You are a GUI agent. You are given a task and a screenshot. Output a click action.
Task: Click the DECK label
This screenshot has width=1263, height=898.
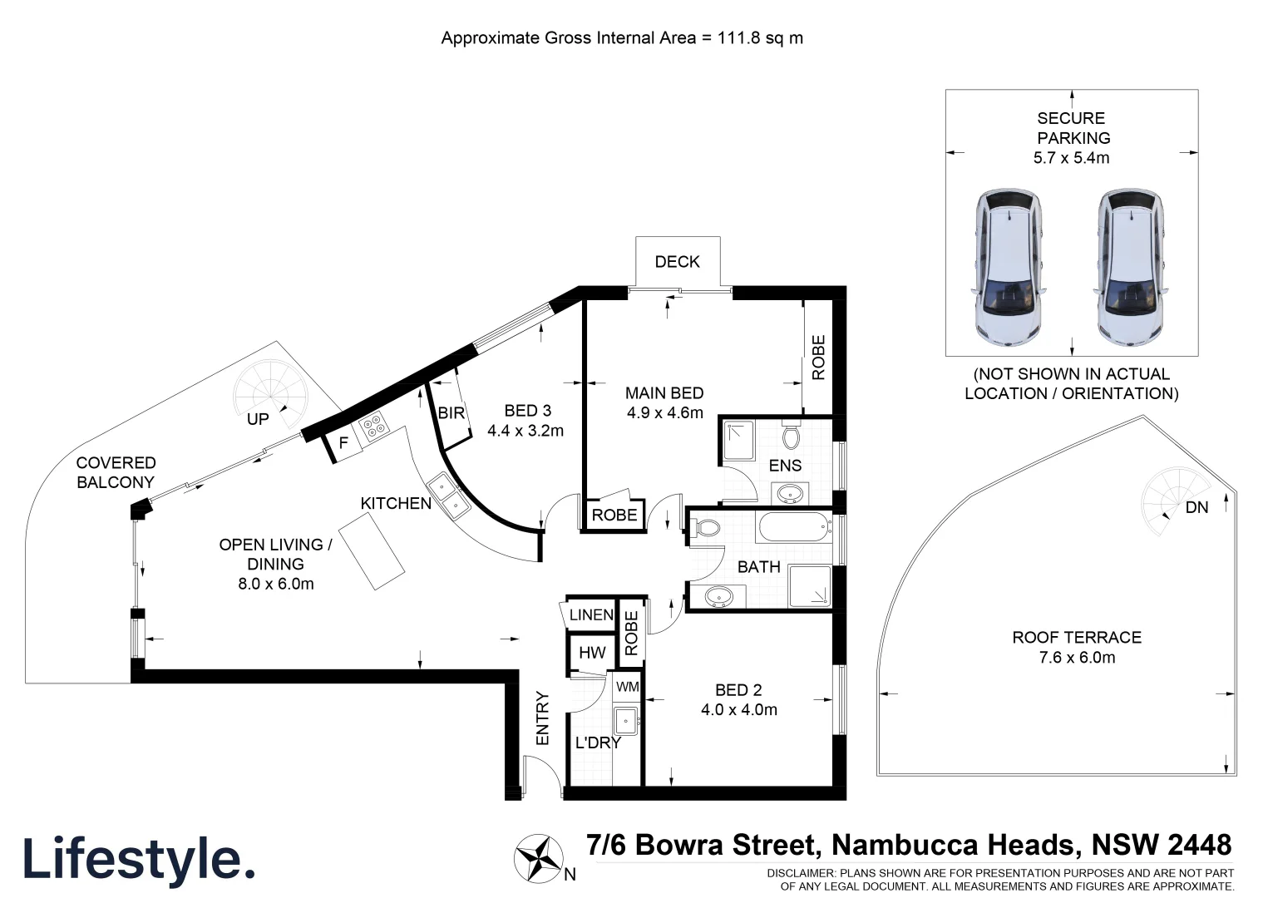click(677, 262)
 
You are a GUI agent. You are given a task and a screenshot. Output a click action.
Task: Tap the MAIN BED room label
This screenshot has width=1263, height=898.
click(664, 393)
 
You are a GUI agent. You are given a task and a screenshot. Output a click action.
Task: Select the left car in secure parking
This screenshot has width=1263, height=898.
click(1008, 268)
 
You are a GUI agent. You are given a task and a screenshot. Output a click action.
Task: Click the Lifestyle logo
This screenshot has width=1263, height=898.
click(138, 859)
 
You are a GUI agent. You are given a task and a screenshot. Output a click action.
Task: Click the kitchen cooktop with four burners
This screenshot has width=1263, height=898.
click(375, 427)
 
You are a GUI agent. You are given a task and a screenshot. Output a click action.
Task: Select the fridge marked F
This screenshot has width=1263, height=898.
click(343, 444)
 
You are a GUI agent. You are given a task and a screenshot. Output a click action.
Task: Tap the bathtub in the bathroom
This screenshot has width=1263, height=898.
click(793, 527)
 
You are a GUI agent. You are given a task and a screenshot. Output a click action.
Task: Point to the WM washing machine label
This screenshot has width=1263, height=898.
click(628, 687)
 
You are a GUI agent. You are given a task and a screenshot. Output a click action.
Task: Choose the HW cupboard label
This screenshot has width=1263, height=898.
click(592, 653)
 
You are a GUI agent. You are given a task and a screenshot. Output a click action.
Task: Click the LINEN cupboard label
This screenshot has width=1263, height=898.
click(591, 615)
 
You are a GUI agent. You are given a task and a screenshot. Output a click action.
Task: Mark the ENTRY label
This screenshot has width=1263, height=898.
click(543, 718)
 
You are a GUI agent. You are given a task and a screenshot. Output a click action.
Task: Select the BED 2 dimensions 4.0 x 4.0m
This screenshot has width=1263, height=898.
click(738, 710)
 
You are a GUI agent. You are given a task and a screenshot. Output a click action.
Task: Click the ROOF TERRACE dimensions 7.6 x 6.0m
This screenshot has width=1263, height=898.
click(1076, 658)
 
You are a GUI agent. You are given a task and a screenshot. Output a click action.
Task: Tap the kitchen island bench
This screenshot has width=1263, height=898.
click(372, 550)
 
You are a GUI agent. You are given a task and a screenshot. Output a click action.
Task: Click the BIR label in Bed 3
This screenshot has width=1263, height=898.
click(451, 412)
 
